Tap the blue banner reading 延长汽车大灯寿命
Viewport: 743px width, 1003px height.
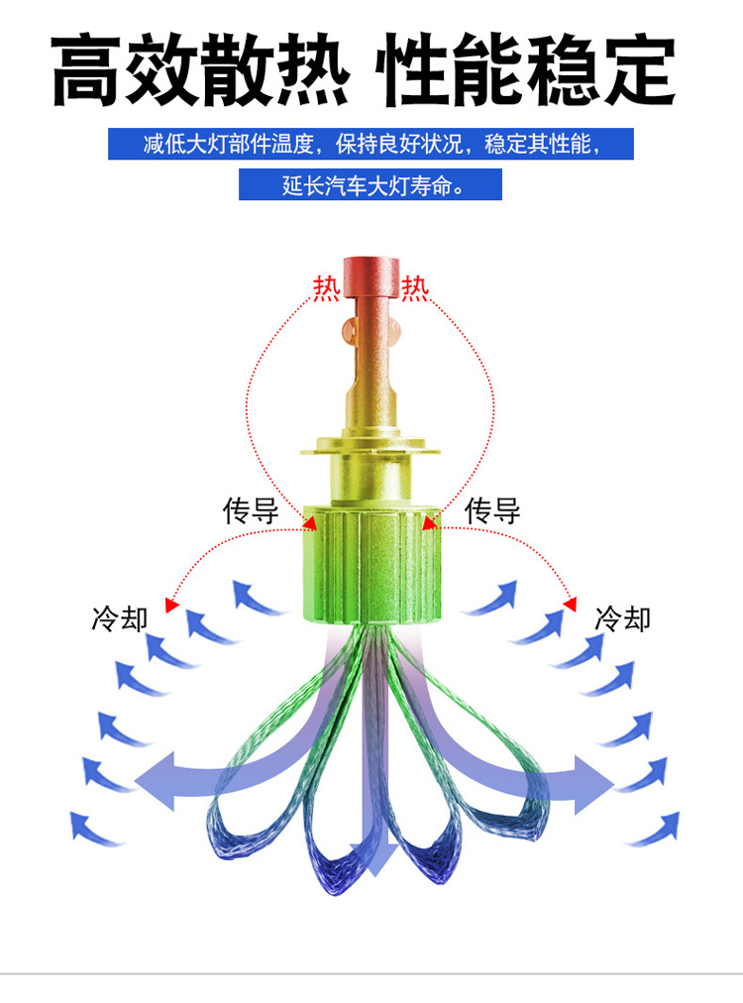371,185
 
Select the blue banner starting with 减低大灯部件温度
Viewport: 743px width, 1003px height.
371,144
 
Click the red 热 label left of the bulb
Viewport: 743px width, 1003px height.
326,287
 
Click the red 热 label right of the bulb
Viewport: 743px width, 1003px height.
415,287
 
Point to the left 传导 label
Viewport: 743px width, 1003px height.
250,511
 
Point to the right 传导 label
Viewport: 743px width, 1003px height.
492,511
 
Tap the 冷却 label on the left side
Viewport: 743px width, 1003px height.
119,619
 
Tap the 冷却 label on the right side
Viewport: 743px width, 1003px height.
623,619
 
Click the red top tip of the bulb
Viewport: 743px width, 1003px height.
371,278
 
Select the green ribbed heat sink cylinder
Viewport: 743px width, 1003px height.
371,565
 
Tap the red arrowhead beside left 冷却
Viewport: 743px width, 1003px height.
172,602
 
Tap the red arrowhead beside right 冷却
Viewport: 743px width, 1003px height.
571,602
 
